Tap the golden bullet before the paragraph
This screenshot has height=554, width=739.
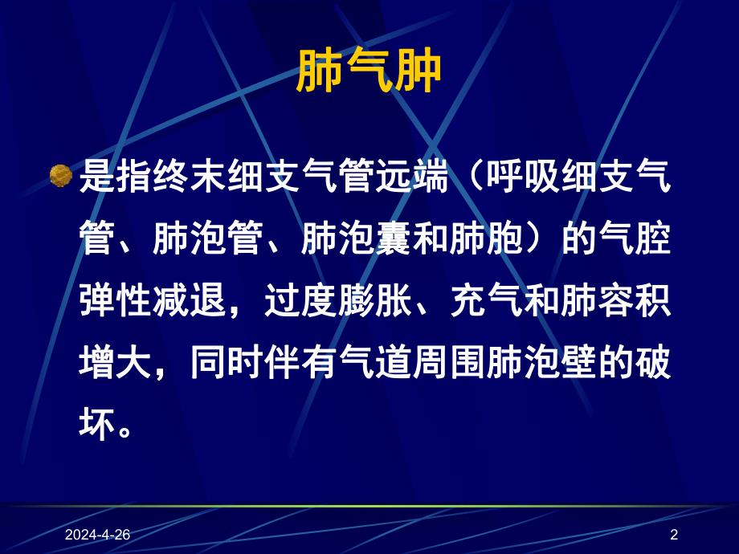click(x=61, y=176)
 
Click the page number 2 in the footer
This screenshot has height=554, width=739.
click(x=674, y=535)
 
